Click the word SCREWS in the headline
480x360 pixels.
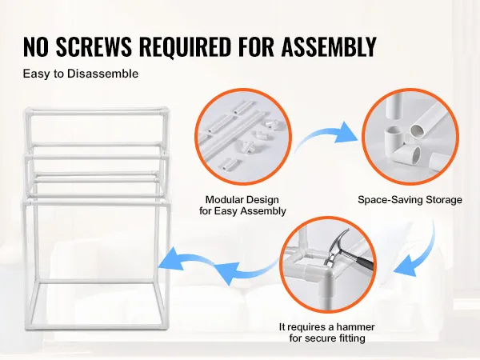(94, 46)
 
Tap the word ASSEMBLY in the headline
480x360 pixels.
(329, 46)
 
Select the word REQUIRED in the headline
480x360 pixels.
(185, 46)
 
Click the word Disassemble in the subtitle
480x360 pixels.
(102, 74)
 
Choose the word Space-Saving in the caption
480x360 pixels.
(386, 200)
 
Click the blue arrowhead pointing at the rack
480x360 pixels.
(172, 260)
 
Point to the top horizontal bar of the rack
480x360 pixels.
(97, 113)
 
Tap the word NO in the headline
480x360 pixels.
(35, 46)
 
